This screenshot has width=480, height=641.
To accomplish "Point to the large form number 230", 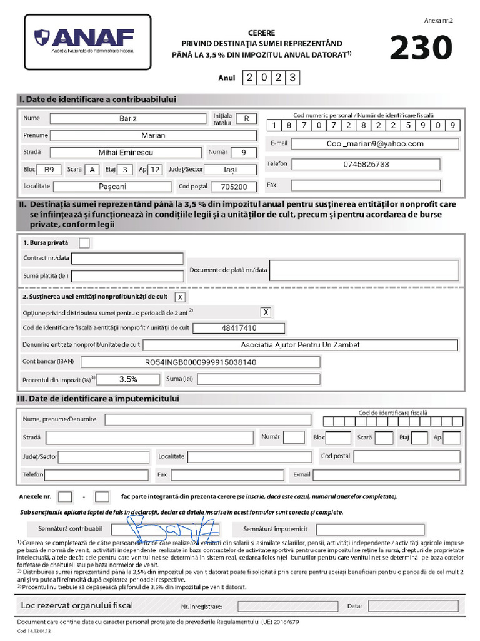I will [421, 48].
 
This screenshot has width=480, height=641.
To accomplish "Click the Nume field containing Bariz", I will [127, 118].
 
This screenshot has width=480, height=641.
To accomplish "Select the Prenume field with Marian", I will [153, 135].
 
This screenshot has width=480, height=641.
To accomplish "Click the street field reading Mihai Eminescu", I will [126, 152].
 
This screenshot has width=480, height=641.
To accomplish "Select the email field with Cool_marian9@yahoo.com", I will [375, 143].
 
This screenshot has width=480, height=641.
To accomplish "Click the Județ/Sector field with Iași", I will [231, 169].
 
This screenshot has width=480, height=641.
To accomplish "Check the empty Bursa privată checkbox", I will [84, 242].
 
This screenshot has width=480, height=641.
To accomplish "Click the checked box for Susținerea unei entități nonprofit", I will [180, 297].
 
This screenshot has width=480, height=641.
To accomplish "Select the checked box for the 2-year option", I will [266, 312].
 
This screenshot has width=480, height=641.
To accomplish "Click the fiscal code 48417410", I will [239, 328].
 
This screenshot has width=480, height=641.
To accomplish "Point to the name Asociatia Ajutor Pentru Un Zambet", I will [301, 345].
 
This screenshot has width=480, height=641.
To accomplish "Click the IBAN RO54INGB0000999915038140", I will [201, 362].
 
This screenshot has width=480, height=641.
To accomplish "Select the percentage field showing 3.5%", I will [128, 379].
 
